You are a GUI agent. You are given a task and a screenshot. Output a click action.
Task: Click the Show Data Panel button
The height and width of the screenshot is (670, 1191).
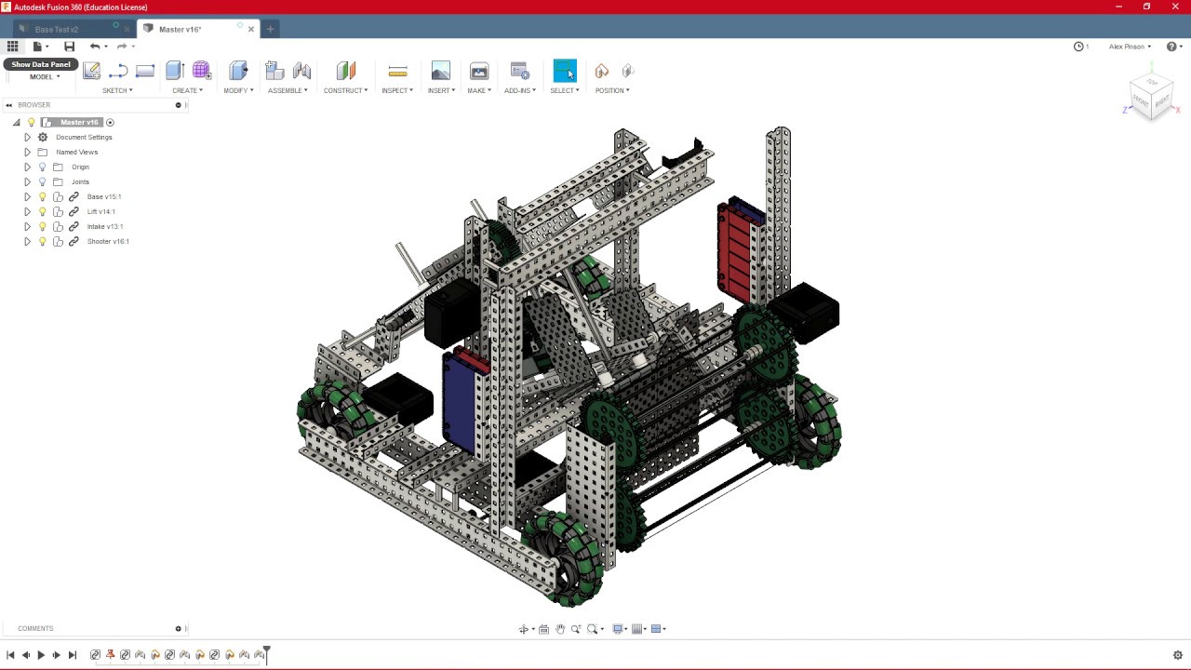(41, 64)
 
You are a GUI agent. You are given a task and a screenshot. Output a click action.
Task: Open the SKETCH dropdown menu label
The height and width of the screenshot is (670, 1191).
(116, 90)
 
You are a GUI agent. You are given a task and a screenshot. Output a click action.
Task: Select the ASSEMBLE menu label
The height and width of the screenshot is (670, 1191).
(287, 90)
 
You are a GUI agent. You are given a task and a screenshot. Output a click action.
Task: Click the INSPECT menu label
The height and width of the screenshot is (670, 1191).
(396, 90)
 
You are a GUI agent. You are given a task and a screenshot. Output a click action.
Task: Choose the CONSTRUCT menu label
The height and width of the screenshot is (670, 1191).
(344, 90)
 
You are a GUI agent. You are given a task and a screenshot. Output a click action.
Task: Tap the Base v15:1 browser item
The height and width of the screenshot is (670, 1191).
(103, 196)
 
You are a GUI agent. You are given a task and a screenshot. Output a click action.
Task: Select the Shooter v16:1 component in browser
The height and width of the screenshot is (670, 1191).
(107, 241)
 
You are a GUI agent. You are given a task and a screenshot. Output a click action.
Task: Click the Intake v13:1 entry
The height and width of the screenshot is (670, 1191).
(104, 226)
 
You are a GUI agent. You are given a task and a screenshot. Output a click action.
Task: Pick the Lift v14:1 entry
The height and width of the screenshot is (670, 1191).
(100, 211)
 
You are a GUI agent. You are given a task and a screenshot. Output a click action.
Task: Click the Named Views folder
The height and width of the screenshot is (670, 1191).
(76, 152)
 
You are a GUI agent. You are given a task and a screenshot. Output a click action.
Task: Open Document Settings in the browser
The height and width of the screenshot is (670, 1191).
(83, 137)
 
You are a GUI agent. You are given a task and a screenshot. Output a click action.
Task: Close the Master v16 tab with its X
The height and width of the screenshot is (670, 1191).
(251, 29)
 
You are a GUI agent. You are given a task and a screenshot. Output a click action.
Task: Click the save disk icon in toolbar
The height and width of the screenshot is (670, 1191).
(69, 47)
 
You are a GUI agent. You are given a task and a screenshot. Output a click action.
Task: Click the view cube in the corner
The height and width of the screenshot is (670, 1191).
(1151, 95)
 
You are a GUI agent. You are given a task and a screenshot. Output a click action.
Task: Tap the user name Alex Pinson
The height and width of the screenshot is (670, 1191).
(1127, 47)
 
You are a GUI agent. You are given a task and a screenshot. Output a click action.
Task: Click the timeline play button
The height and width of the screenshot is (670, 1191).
(41, 655)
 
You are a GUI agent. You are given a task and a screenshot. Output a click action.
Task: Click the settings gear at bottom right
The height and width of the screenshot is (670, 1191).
(1177, 655)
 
